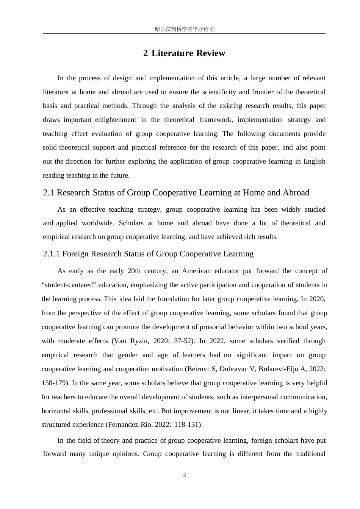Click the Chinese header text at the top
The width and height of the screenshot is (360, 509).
(x=185, y=29)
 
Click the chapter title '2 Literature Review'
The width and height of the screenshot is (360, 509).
(x=184, y=53)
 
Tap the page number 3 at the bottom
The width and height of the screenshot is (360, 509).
(x=185, y=476)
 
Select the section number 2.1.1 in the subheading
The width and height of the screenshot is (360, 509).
(x=52, y=254)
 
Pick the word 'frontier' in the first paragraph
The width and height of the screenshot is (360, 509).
(x=263, y=92)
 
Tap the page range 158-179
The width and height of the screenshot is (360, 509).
(x=54, y=383)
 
